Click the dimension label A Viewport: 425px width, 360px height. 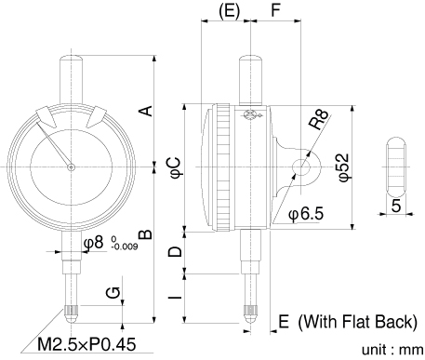pos(146,111)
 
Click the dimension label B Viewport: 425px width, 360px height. pos(146,234)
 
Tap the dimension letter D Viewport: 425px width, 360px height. pos(175,251)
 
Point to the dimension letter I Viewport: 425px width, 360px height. pos(175,297)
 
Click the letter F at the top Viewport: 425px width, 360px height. pos(275,10)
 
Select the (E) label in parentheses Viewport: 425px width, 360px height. pos(230,11)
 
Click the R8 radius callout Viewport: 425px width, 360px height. pos(318,119)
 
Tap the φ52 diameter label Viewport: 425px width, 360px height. pos(343,167)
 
